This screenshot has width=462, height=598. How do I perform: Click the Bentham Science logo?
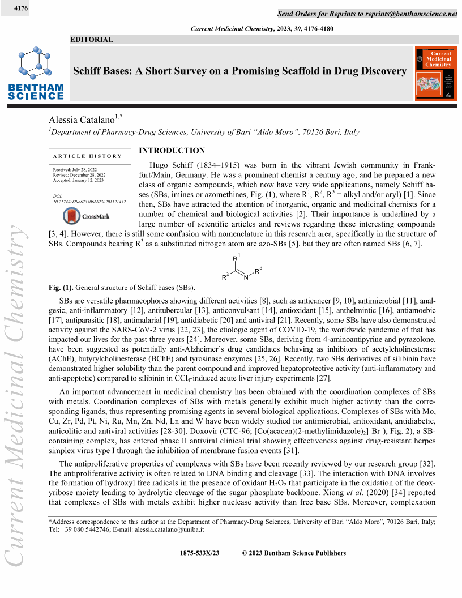click(x=35, y=74)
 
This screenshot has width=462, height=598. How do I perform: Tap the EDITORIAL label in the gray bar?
click(x=92, y=40)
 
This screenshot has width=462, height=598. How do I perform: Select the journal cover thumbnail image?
click(x=435, y=74)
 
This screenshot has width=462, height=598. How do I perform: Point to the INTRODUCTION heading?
click(x=172, y=151)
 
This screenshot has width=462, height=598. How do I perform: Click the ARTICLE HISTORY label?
click(x=87, y=156)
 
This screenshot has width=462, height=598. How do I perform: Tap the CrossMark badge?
click(x=86, y=216)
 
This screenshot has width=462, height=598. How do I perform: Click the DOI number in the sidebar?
click(x=89, y=202)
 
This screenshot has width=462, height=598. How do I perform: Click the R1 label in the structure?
click(x=237, y=258)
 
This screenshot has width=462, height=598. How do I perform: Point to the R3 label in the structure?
click(x=258, y=270)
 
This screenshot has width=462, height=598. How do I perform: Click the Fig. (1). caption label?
click(x=61, y=287)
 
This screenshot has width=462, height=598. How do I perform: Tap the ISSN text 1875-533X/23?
click(x=199, y=553)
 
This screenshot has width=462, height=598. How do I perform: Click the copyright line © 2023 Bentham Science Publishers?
click(x=294, y=553)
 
